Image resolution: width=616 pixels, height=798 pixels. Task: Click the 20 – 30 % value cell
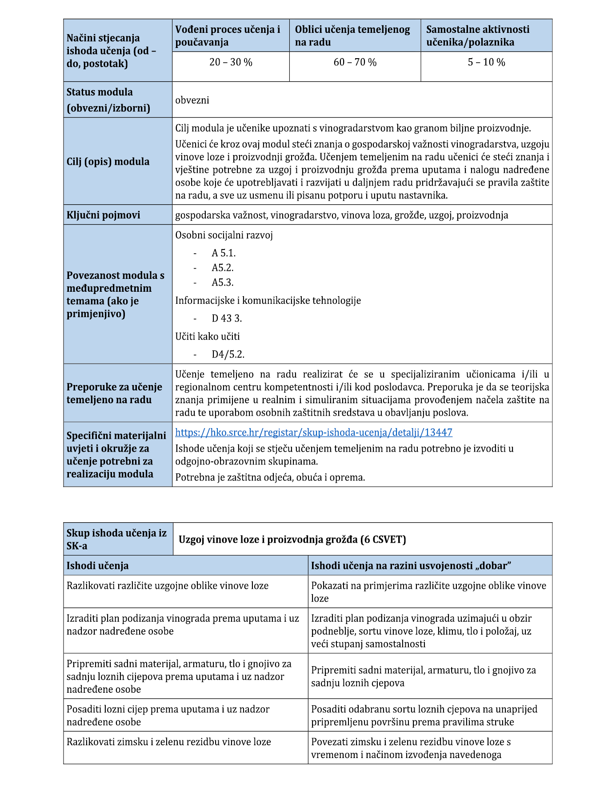click(x=231, y=63)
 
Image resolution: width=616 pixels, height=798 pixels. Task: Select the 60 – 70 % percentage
click(x=355, y=63)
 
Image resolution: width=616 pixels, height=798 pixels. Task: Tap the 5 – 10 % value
click(x=486, y=63)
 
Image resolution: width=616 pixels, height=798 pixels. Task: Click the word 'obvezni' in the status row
click(x=192, y=100)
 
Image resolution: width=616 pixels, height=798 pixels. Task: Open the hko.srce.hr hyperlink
click(x=313, y=433)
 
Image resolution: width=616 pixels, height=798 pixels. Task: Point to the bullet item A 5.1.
click(x=224, y=253)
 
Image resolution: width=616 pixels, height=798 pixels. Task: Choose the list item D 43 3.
click(x=227, y=318)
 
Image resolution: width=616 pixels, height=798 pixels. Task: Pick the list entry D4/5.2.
click(x=228, y=354)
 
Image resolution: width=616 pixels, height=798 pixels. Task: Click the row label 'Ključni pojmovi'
click(x=103, y=215)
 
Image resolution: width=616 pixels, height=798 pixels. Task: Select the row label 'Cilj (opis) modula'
click(x=108, y=162)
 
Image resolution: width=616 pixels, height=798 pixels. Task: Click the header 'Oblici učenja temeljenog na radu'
click(x=352, y=36)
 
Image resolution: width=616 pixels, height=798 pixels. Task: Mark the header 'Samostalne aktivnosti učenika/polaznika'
click(x=478, y=36)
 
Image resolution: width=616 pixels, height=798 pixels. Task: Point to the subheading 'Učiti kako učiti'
click(x=208, y=337)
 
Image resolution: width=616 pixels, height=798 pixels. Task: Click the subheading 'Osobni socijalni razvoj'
click(x=224, y=235)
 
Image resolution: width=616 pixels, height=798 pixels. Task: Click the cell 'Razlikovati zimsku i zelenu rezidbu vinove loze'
click(x=169, y=742)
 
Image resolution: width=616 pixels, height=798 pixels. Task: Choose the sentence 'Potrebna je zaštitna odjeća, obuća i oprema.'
click(x=270, y=478)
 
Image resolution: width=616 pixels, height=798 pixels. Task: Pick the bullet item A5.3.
click(x=223, y=283)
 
